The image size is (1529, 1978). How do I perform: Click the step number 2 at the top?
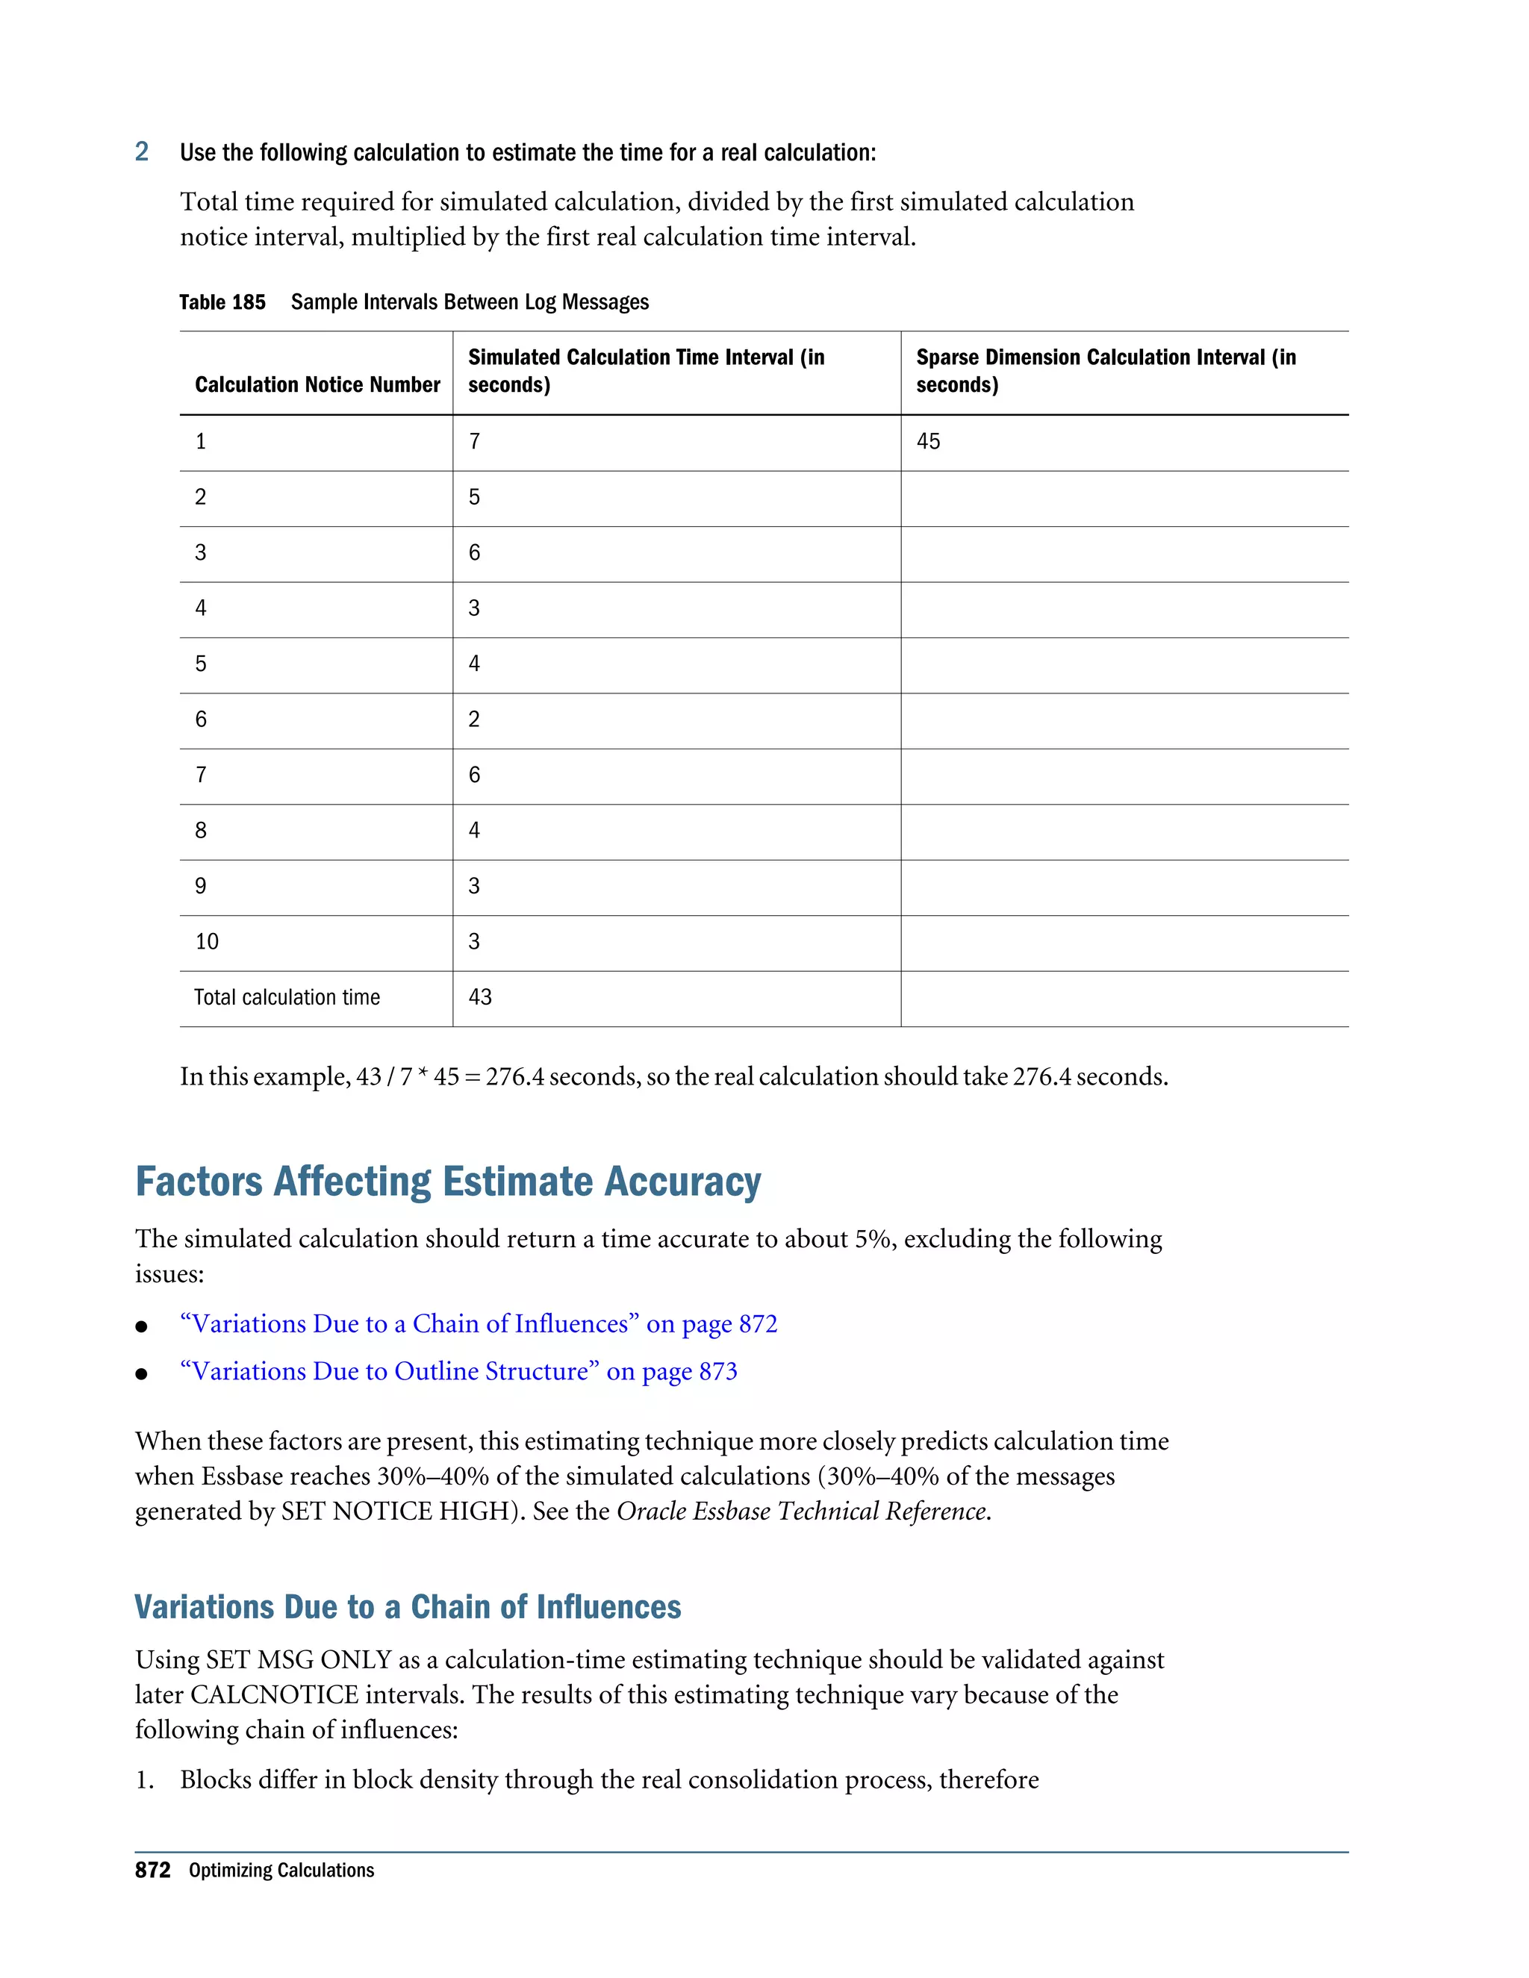141,152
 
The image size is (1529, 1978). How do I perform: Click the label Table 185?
222,302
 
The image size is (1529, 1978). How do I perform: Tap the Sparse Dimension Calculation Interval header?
1105,370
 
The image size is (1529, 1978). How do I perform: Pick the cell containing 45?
929,441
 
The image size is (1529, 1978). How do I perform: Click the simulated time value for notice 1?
475,441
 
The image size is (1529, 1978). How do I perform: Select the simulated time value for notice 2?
475,496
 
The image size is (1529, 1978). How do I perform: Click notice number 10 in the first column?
208,941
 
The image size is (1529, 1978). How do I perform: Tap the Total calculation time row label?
287,997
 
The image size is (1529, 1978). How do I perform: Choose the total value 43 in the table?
480,997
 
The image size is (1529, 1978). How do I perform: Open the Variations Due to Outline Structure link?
458,1371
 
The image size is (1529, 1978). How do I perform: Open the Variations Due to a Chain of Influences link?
479,1324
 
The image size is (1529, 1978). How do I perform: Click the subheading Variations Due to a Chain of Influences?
408,1607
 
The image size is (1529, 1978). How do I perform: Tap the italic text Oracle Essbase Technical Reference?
802,1511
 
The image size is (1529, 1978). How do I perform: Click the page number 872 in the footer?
153,1871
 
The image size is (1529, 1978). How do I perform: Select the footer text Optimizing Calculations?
281,1871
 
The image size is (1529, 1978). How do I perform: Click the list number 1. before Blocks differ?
145,1779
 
